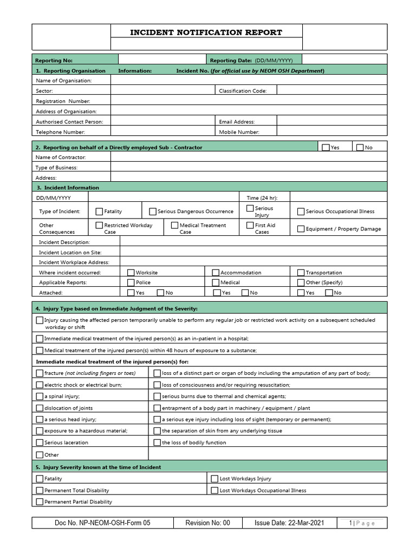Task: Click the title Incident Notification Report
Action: [x=206, y=32]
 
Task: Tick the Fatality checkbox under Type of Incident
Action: [x=99, y=212]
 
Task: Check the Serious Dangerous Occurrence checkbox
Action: [x=153, y=212]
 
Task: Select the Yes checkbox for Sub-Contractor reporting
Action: [x=325, y=147]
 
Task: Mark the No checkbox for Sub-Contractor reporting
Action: [x=360, y=147]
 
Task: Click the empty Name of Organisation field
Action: [x=249, y=80]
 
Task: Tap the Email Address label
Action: [x=237, y=122]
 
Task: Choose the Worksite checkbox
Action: [x=131, y=273]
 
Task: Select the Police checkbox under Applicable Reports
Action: [x=131, y=282]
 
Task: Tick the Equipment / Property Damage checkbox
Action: [x=301, y=229]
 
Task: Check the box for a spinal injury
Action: [x=40, y=396]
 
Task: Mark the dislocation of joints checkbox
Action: [x=40, y=408]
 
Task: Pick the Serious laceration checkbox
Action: [x=40, y=443]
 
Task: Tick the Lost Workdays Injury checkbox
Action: [x=214, y=478]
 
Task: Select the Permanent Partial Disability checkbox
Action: [x=40, y=502]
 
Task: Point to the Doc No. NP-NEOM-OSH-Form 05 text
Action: [x=102, y=523]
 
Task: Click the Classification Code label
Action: [x=243, y=91]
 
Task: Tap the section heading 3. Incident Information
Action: [x=68, y=187]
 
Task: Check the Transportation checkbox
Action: [x=301, y=273]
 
